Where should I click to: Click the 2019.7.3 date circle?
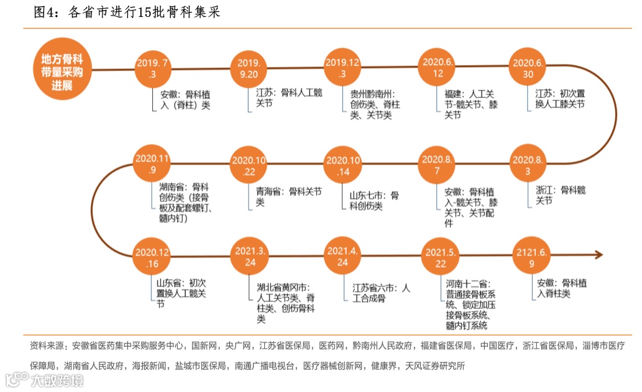[153, 68]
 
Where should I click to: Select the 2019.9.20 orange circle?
[249, 68]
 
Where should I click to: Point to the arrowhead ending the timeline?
[598, 255]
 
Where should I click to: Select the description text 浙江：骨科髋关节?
[560, 195]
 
